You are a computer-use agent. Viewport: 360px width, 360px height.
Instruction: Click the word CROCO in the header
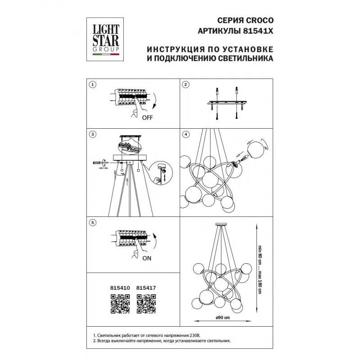(260, 20)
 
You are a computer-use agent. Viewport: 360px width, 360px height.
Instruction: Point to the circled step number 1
(93, 85)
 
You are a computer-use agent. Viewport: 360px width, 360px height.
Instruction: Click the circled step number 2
(185, 85)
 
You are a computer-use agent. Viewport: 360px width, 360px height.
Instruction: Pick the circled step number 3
(93, 134)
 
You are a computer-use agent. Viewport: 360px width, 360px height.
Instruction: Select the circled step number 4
(186, 134)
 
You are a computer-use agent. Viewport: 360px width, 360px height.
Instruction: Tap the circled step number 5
(93, 222)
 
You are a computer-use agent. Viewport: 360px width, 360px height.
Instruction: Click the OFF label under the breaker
(147, 118)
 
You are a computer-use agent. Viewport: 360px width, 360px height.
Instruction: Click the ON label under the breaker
(147, 258)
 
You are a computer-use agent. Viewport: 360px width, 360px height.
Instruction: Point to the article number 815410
(120, 288)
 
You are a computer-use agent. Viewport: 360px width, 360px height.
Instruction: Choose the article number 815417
(146, 288)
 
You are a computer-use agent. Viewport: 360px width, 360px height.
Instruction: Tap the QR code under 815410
(120, 304)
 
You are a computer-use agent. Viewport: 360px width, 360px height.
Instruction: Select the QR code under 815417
(146, 304)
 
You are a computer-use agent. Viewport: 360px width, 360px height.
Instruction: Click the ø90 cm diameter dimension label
(222, 318)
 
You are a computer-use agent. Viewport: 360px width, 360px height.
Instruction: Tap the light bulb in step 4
(243, 159)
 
